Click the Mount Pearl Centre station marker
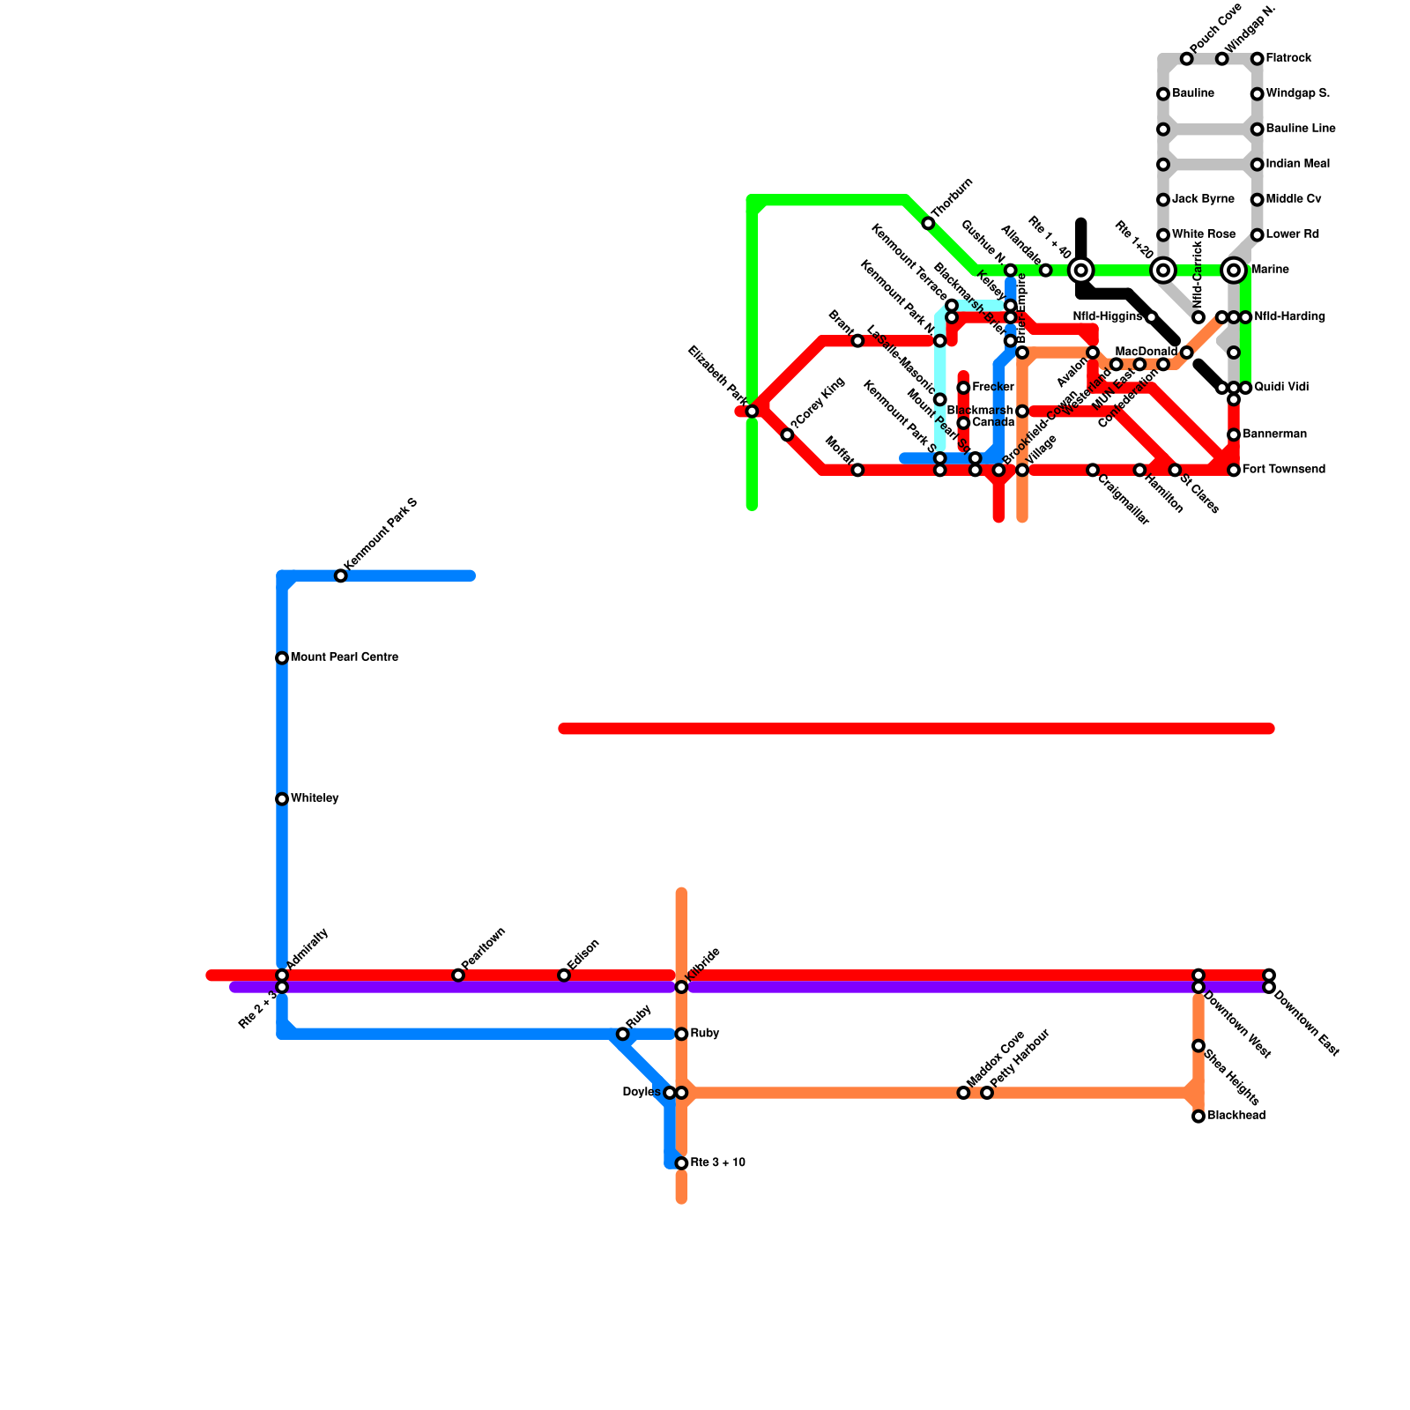[282, 658]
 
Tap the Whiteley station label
[315, 798]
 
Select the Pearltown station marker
[458, 976]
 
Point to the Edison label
[584, 954]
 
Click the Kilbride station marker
[681, 987]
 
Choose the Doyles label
[641, 1093]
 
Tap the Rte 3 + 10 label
[717, 1163]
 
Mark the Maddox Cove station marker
[963, 1093]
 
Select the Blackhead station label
[1236, 1116]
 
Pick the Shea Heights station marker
[1198, 1046]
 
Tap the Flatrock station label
[1288, 58]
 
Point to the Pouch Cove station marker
[1187, 59]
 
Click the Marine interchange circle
[1234, 270]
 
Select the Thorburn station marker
[928, 224]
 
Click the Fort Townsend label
[1283, 470]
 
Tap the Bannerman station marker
[1234, 435]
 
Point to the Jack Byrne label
[1203, 199]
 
